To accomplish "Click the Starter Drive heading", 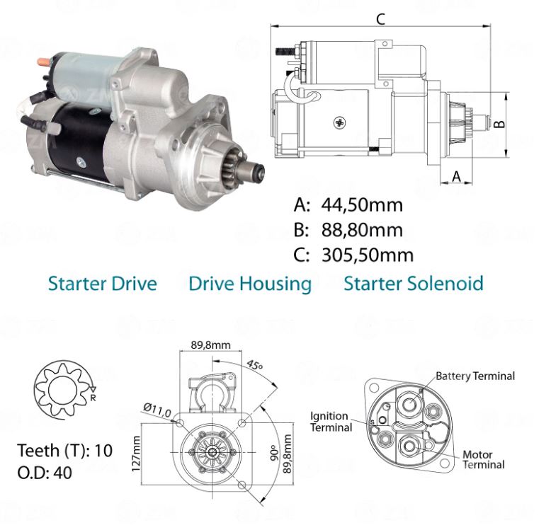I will point(102,284).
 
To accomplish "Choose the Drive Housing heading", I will point(250,284).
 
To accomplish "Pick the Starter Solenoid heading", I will point(414,284).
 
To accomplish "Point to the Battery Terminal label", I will point(475,376).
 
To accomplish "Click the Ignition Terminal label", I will point(330,422).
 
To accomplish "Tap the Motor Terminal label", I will point(483,459).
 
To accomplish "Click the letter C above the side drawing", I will point(380,19).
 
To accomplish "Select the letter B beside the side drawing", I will point(499,123).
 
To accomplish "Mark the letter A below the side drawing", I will point(457,175).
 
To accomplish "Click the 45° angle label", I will point(255,367).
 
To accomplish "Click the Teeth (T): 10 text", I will point(64,451).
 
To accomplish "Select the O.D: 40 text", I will point(44,473).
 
